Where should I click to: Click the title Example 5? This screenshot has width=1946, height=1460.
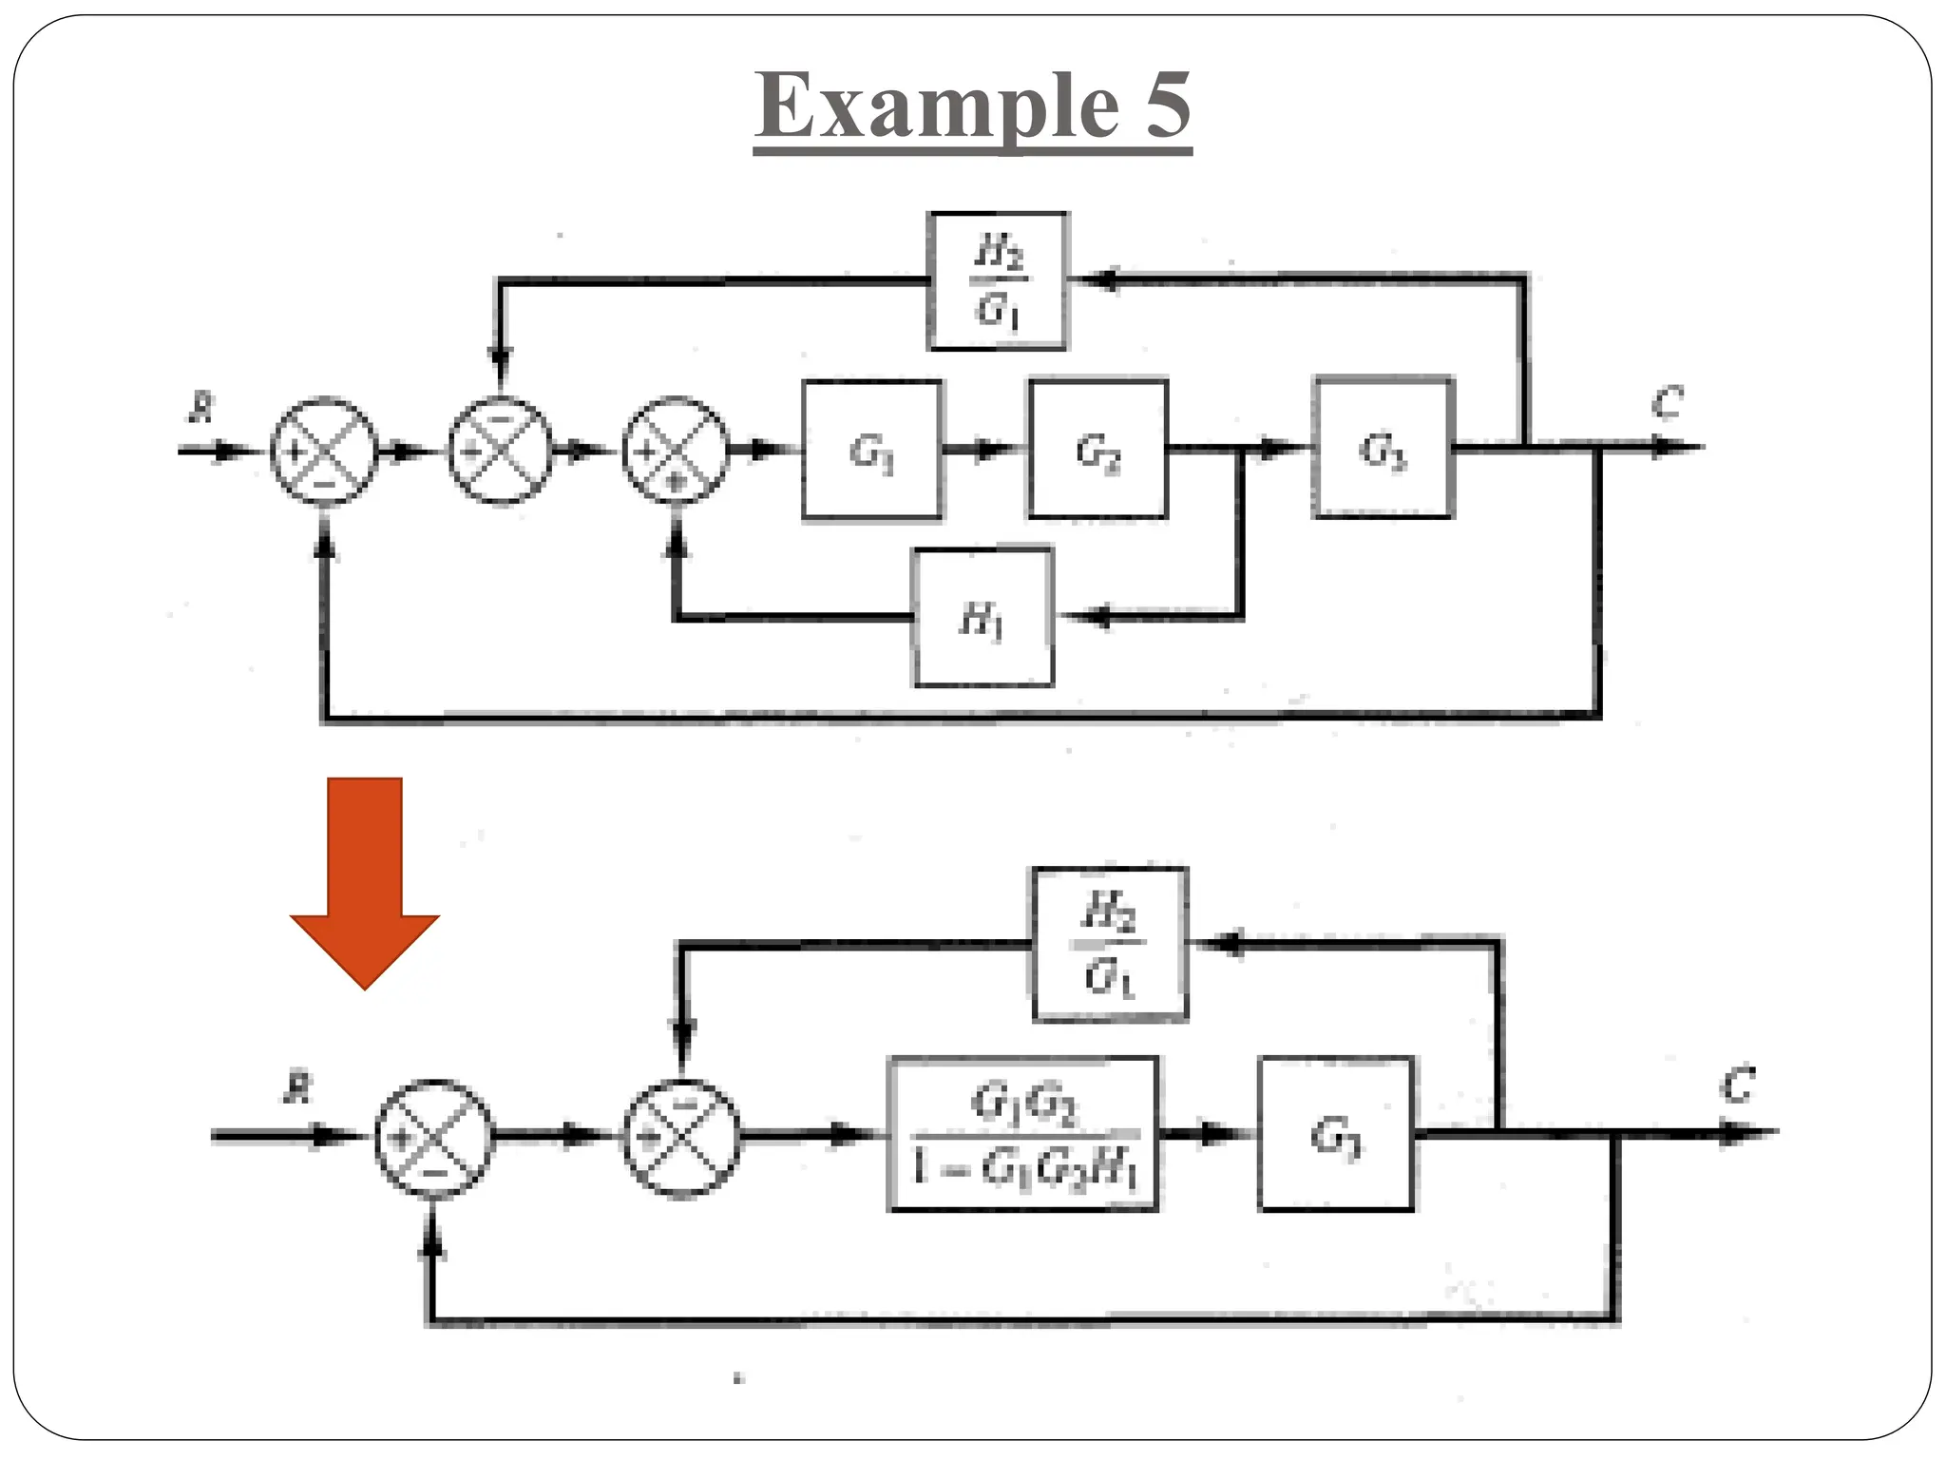click(973, 106)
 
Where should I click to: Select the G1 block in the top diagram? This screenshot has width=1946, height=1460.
click(872, 451)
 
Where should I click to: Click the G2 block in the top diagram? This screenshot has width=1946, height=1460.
click(1097, 449)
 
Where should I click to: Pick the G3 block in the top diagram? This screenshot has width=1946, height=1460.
click(1383, 448)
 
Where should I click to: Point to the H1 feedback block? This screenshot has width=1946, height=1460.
click(983, 617)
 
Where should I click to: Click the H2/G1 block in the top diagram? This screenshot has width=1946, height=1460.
click(997, 281)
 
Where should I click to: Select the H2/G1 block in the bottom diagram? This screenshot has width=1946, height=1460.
click(1110, 944)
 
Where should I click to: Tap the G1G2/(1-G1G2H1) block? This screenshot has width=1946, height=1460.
click(1023, 1134)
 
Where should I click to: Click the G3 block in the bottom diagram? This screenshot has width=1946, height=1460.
click(1335, 1134)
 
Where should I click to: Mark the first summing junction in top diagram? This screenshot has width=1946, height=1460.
click(324, 451)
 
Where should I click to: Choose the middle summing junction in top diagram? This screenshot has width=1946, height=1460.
click(500, 450)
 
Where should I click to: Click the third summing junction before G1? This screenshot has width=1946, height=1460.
click(676, 450)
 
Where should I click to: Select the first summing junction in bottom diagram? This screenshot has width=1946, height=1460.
click(434, 1138)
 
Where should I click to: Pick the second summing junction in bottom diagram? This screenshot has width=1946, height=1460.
click(681, 1138)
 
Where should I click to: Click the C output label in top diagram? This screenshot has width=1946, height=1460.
click(1667, 403)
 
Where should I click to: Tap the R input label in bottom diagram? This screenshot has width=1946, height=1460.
click(297, 1089)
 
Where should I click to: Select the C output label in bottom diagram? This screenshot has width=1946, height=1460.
click(1738, 1085)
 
